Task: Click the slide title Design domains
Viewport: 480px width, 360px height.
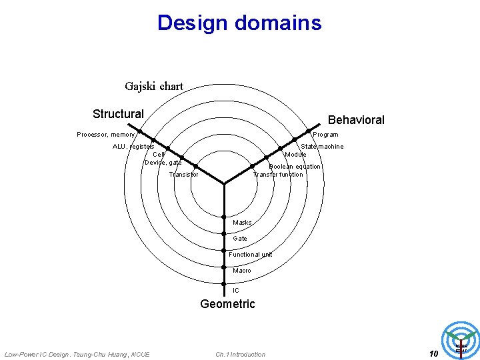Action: [239, 23]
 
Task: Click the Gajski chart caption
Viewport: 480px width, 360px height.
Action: [154, 86]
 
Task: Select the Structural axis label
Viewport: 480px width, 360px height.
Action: [118, 114]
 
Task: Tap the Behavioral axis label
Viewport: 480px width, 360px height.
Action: [356, 120]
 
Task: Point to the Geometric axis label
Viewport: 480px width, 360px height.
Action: [227, 304]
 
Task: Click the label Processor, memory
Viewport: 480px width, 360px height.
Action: [106, 135]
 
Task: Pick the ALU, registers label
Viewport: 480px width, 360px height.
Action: [133, 147]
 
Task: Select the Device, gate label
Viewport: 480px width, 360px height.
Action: [163, 163]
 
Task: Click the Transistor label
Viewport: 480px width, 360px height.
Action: [184, 175]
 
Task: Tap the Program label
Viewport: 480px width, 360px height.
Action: [325, 135]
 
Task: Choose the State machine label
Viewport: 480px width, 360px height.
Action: [323, 147]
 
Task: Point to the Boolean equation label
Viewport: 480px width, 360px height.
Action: [295, 167]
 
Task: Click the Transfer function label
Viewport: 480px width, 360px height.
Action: [278, 175]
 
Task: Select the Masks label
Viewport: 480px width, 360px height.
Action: [242, 223]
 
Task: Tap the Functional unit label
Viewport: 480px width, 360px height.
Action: [251, 255]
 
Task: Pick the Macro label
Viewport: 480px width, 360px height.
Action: [242, 271]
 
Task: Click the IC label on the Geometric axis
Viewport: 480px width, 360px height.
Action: [236, 291]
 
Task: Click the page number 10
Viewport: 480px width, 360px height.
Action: [433, 353]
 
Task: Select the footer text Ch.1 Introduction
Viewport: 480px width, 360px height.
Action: [240, 354]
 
